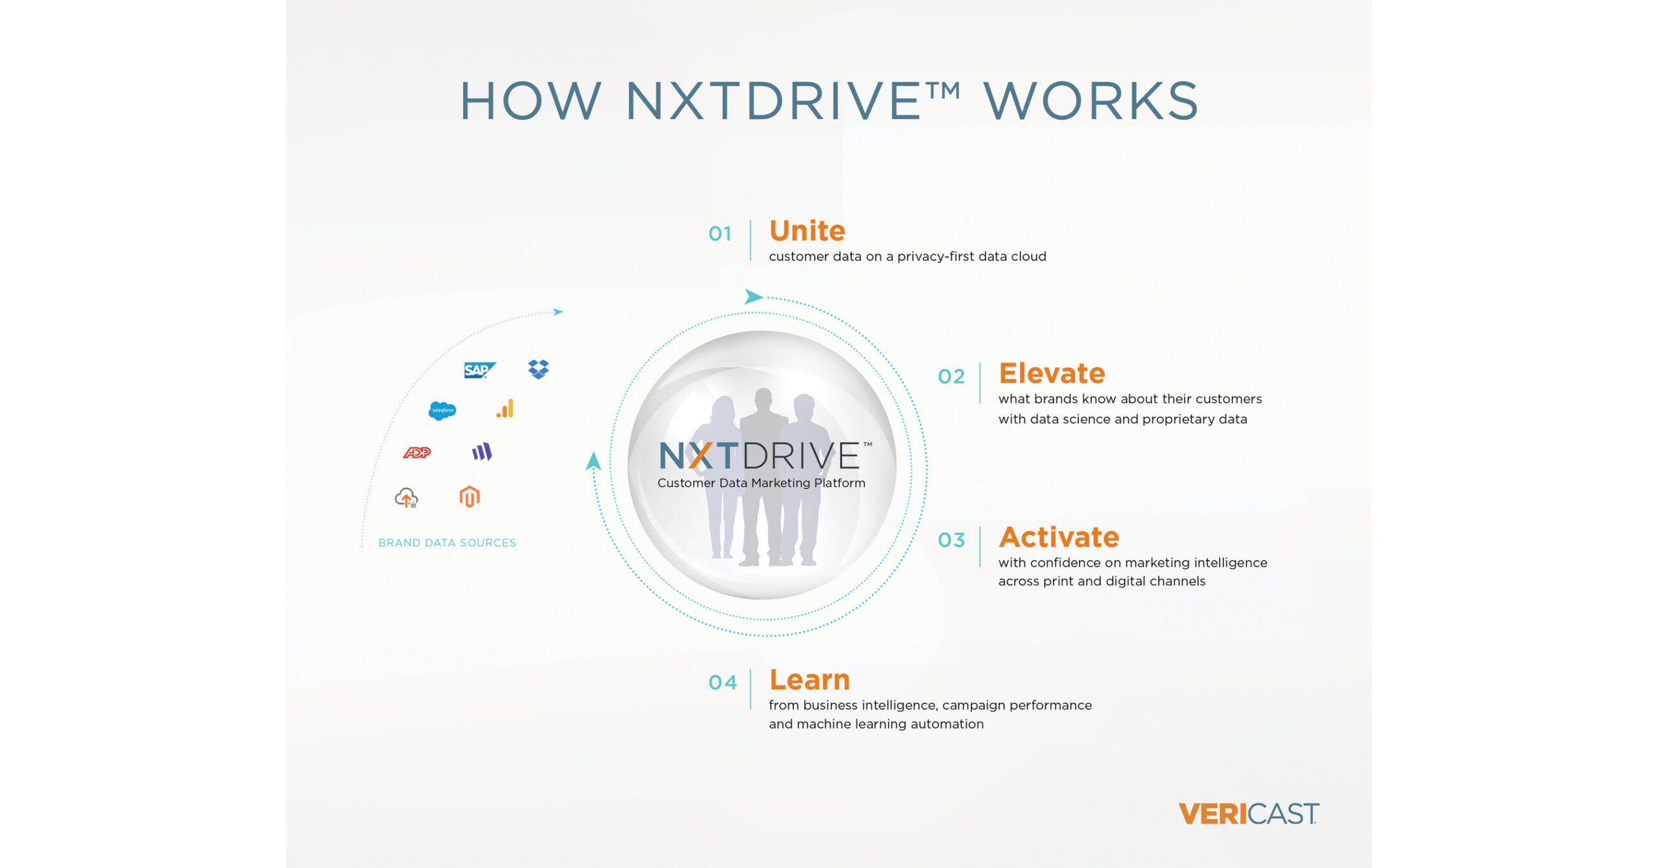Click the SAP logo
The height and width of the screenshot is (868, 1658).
(x=480, y=370)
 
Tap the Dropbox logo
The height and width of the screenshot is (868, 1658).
(x=538, y=369)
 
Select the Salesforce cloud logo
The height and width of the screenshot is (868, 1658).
(x=442, y=410)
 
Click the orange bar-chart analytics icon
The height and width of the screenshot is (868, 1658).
(x=505, y=408)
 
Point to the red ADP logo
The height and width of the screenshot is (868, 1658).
(x=417, y=452)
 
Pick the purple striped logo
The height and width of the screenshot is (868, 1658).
(x=482, y=451)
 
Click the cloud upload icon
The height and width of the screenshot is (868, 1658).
(x=406, y=498)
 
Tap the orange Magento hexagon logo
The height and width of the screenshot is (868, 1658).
(x=470, y=497)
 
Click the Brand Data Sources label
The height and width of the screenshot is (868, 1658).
(x=447, y=542)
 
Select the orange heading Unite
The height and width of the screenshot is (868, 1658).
(x=807, y=230)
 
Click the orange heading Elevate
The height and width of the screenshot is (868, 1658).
(x=1052, y=373)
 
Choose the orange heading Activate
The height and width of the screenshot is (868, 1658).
(x=1059, y=537)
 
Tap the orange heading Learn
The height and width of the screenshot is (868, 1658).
(x=810, y=680)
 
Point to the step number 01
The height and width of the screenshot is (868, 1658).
(x=720, y=234)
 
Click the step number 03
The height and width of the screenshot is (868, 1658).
(x=951, y=540)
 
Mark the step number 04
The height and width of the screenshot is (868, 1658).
(x=722, y=682)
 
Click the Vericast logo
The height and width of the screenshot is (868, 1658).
(x=1249, y=814)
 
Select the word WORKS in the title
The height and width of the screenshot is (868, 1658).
(x=1091, y=101)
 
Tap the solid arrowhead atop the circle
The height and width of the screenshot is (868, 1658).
(x=753, y=296)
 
